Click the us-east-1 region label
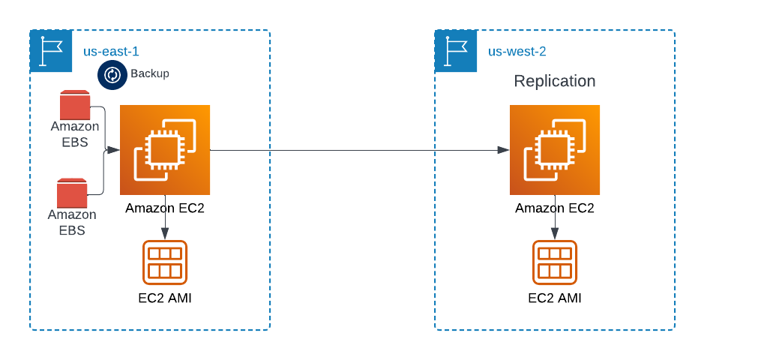click(x=111, y=52)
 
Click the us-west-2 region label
click(x=517, y=52)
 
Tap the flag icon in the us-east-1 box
click(x=51, y=51)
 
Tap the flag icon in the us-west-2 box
click(x=456, y=51)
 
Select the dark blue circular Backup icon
click(x=112, y=75)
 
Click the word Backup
click(x=150, y=73)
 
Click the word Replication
click(x=554, y=81)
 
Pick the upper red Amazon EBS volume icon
click(x=75, y=105)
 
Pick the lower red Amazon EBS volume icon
click(x=72, y=193)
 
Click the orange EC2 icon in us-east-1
click(x=165, y=150)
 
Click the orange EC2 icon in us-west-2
click(x=555, y=150)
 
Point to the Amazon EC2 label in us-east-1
click(x=165, y=208)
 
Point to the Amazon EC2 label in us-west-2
click(x=555, y=208)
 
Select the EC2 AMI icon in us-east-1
click(x=165, y=262)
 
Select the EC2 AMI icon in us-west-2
click(x=555, y=262)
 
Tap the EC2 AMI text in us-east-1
click(x=165, y=298)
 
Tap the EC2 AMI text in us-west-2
click(x=555, y=298)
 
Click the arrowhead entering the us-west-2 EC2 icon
click(x=504, y=150)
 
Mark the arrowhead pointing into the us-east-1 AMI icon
click(x=165, y=235)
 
